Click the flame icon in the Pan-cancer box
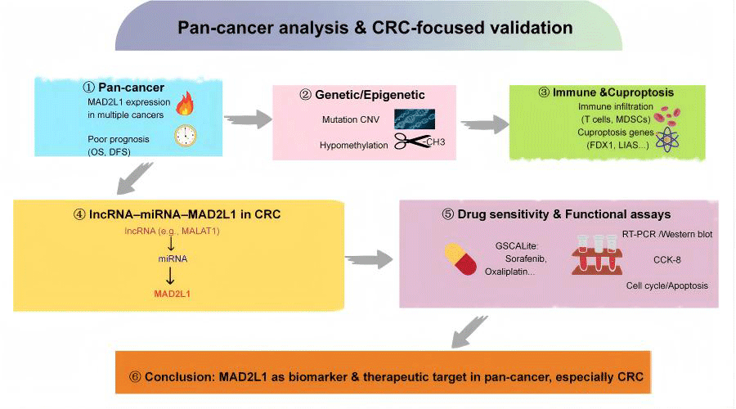click(185, 103)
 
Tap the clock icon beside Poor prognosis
click(186, 136)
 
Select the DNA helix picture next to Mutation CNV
click(415, 119)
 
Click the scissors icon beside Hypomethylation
click(411, 141)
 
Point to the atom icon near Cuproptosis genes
click(667, 139)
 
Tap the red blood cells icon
click(668, 115)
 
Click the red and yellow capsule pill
click(460, 258)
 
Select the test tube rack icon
click(597, 254)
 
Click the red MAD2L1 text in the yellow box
click(173, 294)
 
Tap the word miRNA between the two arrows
click(173, 258)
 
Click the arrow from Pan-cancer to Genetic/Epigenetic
click(248, 119)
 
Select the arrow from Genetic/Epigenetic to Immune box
click(485, 124)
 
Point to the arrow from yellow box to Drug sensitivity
click(369, 258)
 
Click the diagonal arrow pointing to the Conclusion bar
click(469, 332)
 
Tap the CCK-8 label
click(667, 259)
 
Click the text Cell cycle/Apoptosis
click(667, 285)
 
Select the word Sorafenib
click(526, 258)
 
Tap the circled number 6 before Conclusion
click(135, 377)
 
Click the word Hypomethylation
click(354, 145)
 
